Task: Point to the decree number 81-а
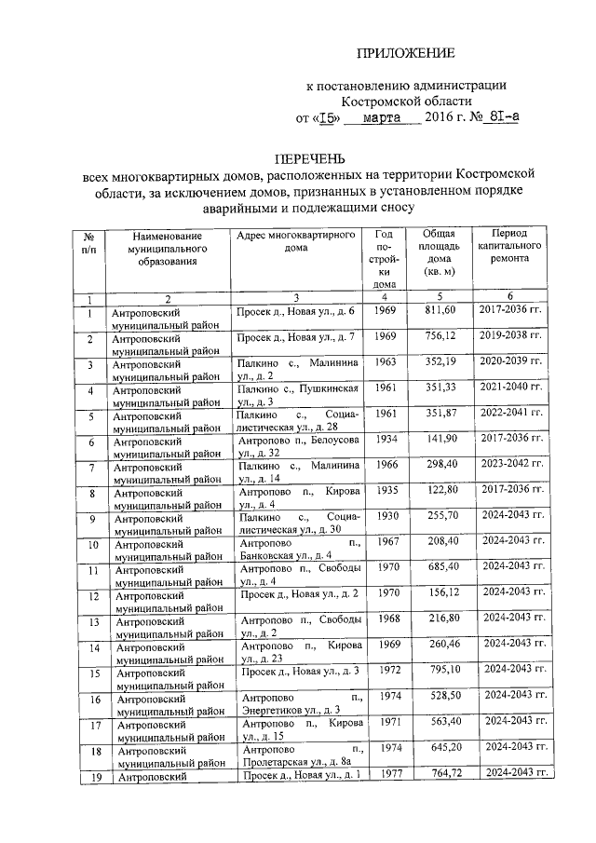(x=501, y=118)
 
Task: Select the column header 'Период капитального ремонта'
(x=510, y=250)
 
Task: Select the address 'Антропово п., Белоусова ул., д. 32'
(x=296, y=445)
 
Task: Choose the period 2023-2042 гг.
(x=510, y=465)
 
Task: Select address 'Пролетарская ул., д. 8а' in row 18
(x=292, y=761)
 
